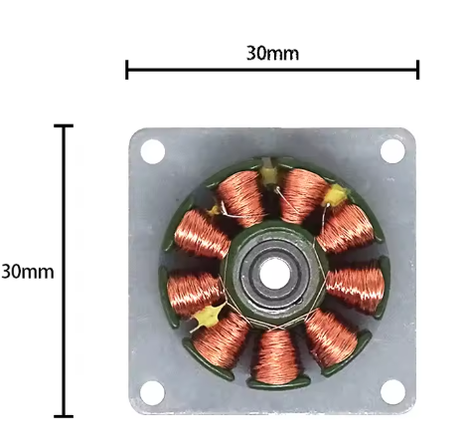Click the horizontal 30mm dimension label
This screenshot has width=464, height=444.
272,53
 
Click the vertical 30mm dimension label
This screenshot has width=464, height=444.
28,272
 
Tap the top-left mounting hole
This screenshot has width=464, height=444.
153,151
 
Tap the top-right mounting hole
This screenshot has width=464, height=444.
392,151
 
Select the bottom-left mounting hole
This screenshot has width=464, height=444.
152,393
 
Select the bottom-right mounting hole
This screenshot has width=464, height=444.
392,392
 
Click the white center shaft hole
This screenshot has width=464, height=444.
273,274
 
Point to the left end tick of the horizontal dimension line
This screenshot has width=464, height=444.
127,70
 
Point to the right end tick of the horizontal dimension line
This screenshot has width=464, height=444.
418,70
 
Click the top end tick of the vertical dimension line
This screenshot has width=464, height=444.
64,125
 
